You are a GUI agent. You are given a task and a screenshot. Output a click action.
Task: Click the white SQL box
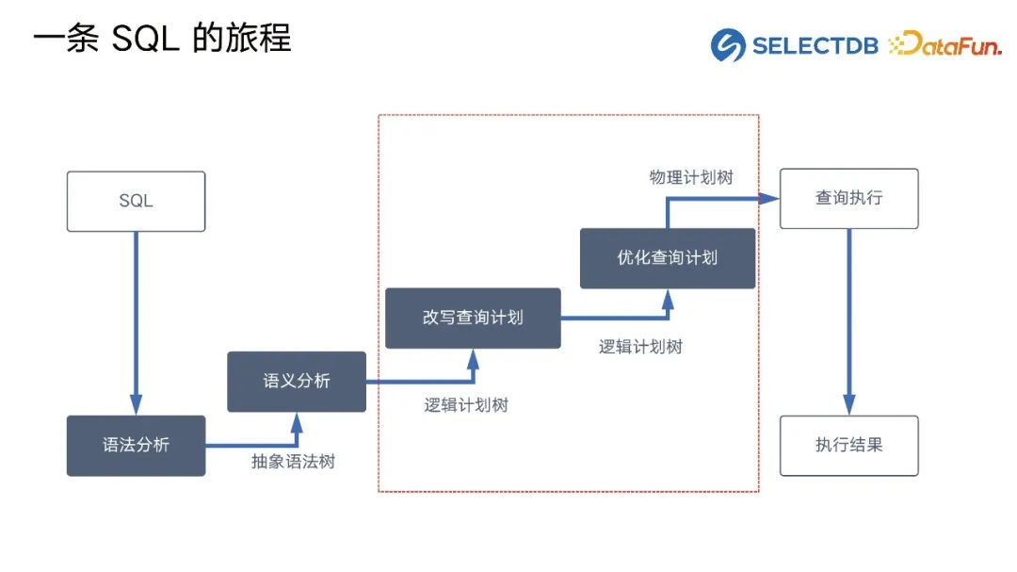click(x=136, y=201)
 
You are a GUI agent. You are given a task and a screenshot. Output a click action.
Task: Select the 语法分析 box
click(x=136, y=445)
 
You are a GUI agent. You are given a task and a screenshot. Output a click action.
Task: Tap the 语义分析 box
click(x=297, y=382)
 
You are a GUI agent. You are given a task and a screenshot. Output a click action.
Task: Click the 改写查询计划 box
click(x=473, y=318)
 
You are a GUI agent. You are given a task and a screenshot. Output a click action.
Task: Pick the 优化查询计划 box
click(x=668, y=257)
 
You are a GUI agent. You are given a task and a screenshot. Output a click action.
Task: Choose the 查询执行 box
click(x=848, y=199)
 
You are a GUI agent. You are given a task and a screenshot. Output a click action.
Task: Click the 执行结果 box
click(x=848, y=445)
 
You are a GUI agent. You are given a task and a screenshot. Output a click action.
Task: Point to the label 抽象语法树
click(x=293, y=462)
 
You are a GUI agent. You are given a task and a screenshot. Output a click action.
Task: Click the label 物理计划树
click(x=691, y=177)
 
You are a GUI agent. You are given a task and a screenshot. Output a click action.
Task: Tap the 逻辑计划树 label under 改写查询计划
click(x=466, y=405)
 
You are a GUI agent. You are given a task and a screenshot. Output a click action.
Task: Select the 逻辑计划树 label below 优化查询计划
click(x=640, y=346)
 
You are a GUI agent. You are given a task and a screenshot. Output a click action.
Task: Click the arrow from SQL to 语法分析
click(x=136, y=320)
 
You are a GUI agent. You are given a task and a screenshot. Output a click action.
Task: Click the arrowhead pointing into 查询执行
click(x=770, y=199)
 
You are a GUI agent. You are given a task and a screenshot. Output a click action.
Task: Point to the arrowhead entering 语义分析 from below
click(x=297, y=420)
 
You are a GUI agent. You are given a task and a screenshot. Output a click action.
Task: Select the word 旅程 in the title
click(x=259, y=40)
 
